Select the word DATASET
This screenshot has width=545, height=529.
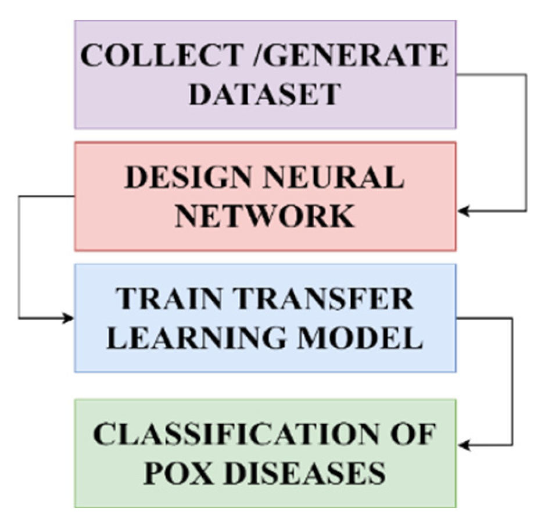(x=265, y=93)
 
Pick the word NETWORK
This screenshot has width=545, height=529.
(x=265, y=216)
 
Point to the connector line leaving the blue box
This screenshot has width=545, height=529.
(x=513, y=378)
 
